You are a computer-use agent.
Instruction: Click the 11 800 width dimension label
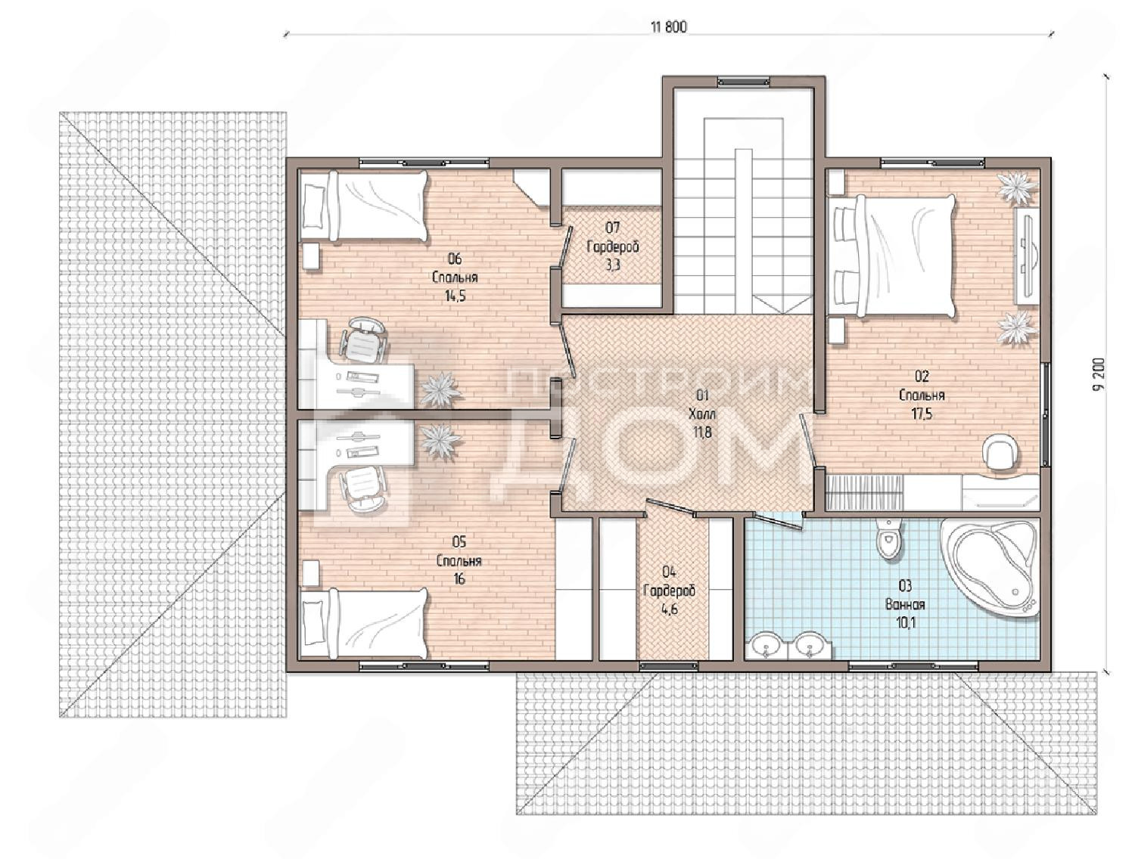(669, 27)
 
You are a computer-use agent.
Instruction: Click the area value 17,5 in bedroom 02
(922, 414)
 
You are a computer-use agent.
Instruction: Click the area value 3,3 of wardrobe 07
(612, 265)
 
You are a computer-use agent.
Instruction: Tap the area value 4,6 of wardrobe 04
(669, 609)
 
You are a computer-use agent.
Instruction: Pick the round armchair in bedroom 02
(1001, 452)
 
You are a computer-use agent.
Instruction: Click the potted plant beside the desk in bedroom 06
(440, 389)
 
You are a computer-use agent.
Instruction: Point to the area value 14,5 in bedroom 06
(455, 296)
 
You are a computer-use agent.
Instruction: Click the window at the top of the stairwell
(744, 82)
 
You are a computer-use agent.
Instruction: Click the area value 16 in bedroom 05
(459, 578)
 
